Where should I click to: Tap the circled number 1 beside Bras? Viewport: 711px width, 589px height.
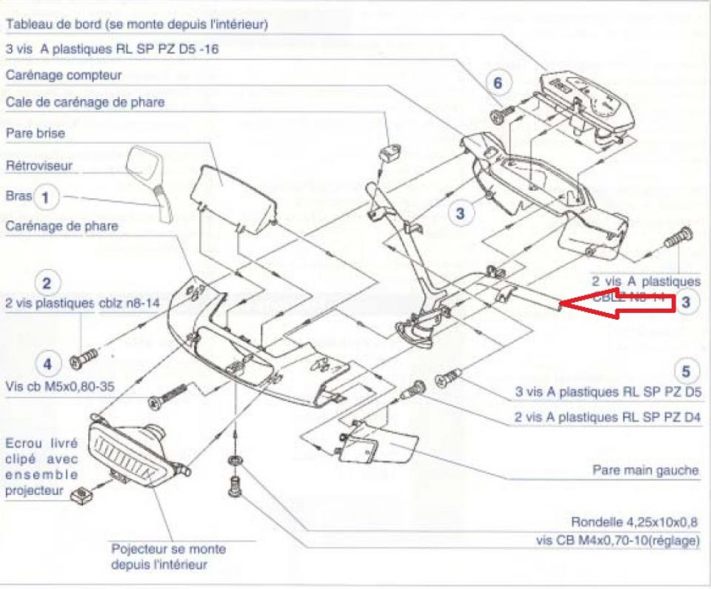(x=46, y=197)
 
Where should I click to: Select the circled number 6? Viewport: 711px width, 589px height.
(x=498, y=83)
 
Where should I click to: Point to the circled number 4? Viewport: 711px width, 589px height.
(x=47, y=363)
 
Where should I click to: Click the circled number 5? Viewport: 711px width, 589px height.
(x=686, y=371)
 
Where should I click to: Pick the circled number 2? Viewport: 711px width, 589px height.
(x=47, y=283)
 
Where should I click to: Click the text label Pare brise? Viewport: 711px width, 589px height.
(x=35, y=134)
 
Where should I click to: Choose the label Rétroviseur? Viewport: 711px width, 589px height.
(x=39, y=166)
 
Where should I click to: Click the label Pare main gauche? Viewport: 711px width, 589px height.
(x=645, y=471)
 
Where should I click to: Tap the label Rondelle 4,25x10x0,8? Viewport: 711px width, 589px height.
(x=635, y=521)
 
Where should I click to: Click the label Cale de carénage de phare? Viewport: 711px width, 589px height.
(x=84, y=102)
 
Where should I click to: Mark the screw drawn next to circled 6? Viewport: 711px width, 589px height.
(x=502, y=115)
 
